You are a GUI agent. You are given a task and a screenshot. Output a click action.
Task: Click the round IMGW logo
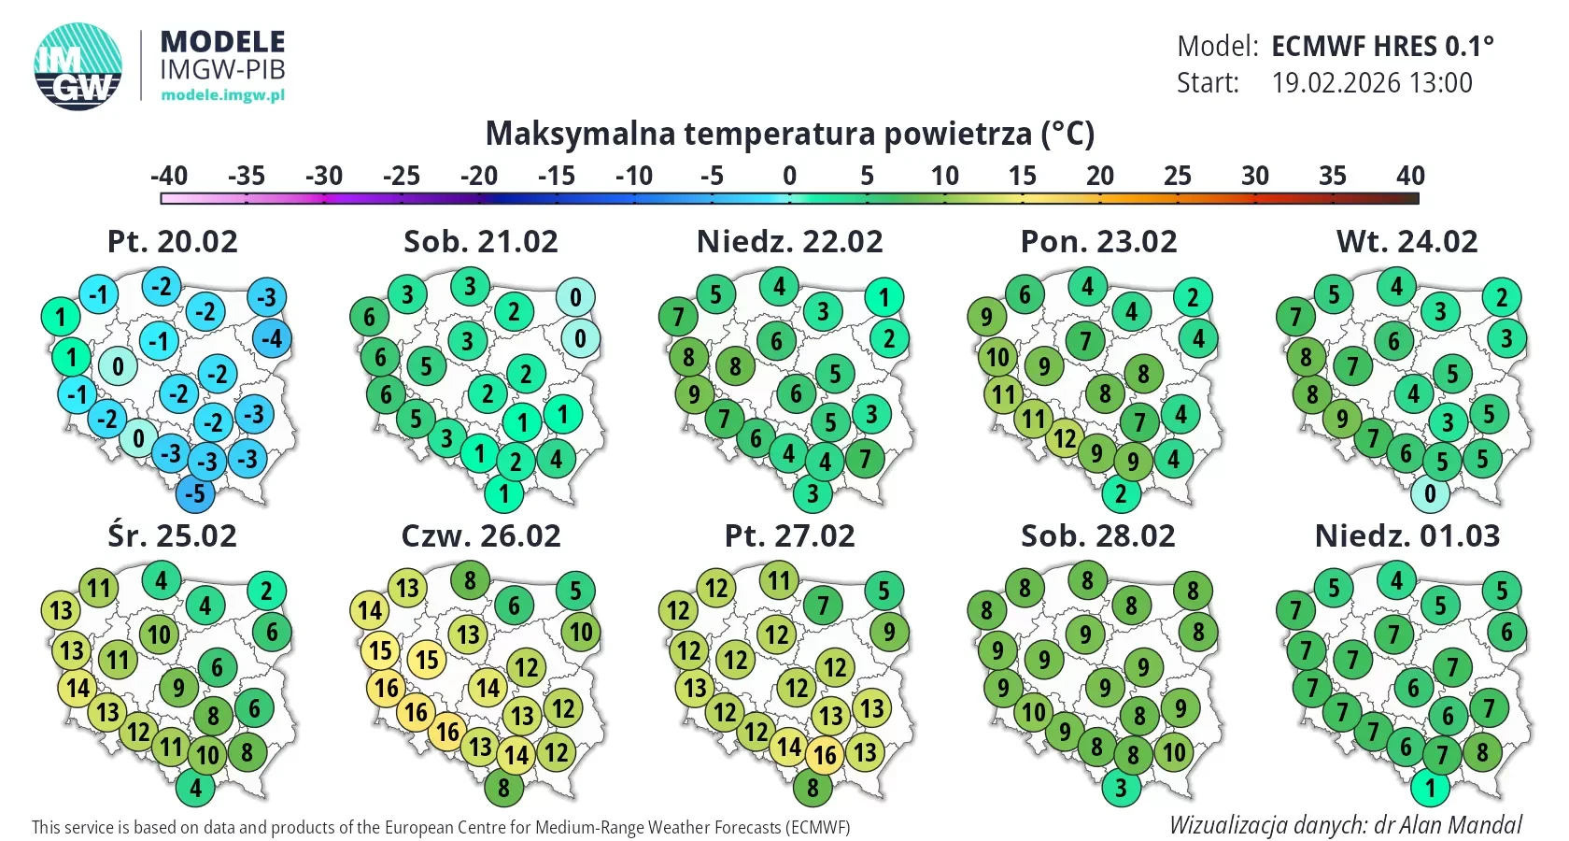(78, 66)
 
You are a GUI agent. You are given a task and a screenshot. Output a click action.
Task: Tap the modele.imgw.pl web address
(222, 94)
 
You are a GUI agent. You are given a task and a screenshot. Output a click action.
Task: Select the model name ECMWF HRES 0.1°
(1382, 47)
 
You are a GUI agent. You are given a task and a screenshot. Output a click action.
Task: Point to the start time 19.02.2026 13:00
(1372, 82)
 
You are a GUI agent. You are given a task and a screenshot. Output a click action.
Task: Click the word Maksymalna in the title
(580, 133)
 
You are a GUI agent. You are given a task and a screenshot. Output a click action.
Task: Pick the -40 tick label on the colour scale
(169, 176)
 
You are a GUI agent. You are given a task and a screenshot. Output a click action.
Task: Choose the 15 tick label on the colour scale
(1022, 176)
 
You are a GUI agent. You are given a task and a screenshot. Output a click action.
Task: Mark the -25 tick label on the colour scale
(402, 176)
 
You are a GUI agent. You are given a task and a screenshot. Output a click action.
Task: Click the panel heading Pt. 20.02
(172, 242)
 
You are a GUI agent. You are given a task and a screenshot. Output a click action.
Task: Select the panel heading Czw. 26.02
(481, 536)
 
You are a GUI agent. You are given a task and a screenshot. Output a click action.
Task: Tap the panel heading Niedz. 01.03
(1407, 536)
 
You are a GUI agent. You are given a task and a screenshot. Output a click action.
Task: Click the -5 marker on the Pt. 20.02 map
(194, 493)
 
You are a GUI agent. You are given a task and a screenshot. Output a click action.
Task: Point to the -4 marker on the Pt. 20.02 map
(272, 338)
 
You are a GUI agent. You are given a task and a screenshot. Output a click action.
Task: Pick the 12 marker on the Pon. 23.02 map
(1065, 438)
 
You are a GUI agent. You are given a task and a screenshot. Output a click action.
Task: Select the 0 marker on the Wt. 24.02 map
(1431, 493)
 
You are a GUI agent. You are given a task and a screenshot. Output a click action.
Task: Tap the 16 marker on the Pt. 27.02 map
(826, 755)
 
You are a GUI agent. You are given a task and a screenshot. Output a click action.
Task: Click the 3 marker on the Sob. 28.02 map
(1121, 788)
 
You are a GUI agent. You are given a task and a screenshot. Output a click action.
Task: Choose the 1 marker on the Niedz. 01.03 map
(1431, 788)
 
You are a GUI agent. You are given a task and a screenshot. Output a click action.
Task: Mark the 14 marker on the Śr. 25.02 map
(78, 688)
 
